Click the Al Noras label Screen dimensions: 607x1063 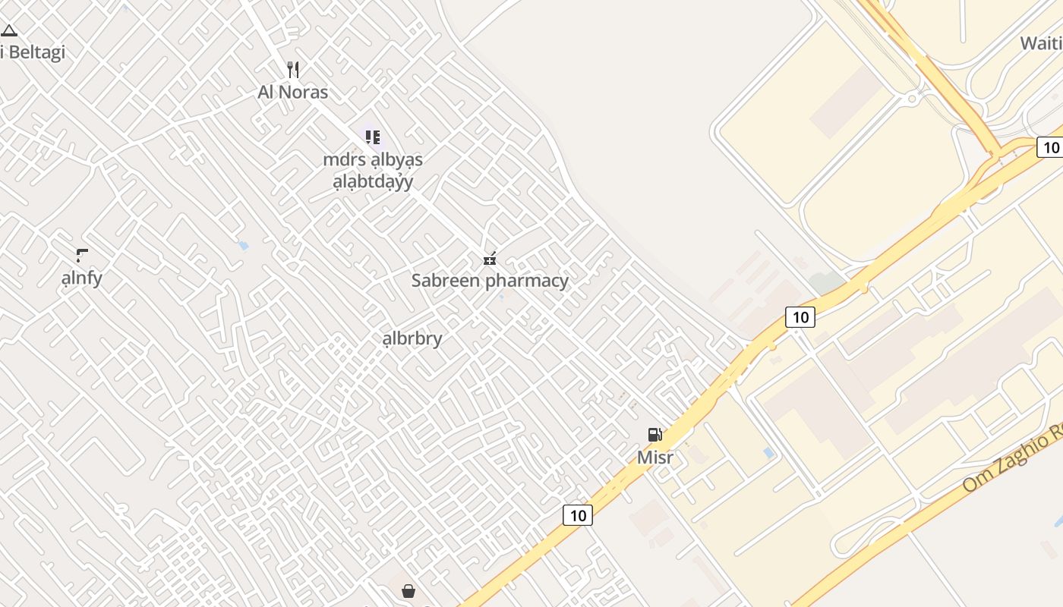tap(293, 93)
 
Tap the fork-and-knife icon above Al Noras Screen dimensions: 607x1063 tap(293, 70)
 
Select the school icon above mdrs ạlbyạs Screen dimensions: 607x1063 tap(372, 137)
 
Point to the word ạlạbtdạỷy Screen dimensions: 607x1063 tap(373, 182)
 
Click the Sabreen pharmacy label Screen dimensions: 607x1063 tap(490, 281)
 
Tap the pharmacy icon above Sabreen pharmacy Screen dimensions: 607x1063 tap(490, 259)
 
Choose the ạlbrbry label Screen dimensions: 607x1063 tap(412, 338)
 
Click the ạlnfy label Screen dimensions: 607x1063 tap(81, 278)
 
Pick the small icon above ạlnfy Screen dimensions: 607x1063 tap(82, 255)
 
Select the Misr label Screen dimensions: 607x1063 tap(655, 458)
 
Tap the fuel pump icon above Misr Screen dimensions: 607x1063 tap(655, 435)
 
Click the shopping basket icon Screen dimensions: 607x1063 tap(408, 590)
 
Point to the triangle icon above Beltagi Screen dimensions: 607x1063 tap(9, 31)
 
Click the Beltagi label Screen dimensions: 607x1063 tap(35, 52)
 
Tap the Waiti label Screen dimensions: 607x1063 tap(1040, 43)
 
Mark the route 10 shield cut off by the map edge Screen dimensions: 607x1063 tap(1051, 147)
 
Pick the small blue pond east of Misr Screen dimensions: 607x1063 tap(769, 453)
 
